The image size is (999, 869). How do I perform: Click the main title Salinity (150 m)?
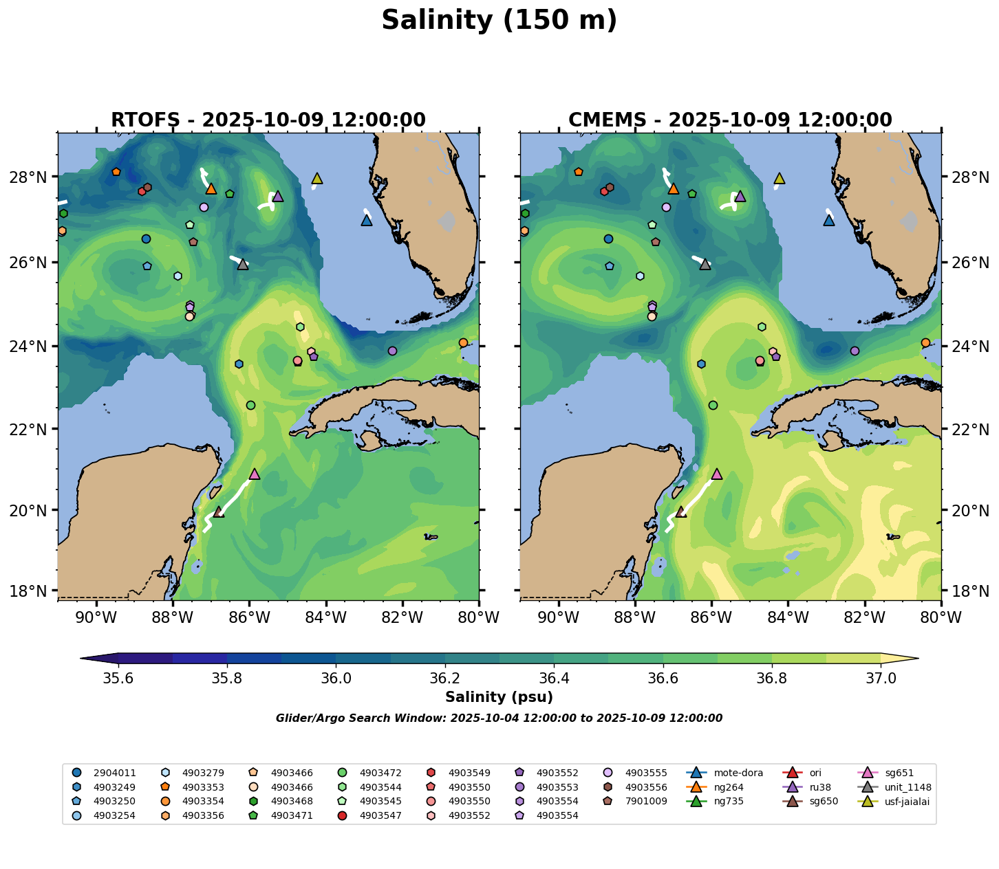[x=499, y=21]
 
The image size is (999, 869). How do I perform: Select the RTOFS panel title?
[x=268, y=120]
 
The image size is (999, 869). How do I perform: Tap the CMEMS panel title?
[x=730, y=120]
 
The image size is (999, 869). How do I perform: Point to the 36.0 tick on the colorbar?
[x=336, y=679]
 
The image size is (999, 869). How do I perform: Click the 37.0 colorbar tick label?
[x=881, y=679]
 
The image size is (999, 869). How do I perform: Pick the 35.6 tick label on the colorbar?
[x=118, y=679]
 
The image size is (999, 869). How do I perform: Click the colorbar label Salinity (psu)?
[x=499, y=697]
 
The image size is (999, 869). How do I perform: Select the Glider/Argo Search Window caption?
[x=499, y=718]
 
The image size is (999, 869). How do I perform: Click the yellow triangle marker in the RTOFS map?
[x=317, y=179]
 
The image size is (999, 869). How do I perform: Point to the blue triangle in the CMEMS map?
[x=829, y=220]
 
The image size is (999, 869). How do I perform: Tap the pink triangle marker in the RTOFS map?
[x=255, y=474]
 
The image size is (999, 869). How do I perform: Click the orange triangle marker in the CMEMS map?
[x=674, y=188]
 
